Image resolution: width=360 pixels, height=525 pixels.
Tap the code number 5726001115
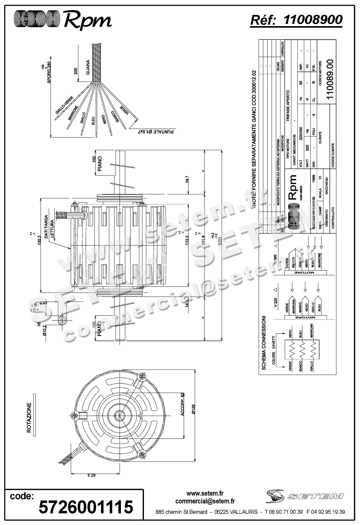85,507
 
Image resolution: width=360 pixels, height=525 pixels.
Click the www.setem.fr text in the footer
205,493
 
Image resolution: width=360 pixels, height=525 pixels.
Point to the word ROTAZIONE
29,418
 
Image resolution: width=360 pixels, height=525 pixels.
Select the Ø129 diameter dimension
193,410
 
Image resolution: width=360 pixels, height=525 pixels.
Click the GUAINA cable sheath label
88,67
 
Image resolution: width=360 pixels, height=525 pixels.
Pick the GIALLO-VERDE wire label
64,108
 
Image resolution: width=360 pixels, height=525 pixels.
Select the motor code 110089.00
330,79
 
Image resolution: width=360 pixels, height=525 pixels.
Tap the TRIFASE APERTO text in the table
288,106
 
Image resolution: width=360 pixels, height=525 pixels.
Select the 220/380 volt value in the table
301,134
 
